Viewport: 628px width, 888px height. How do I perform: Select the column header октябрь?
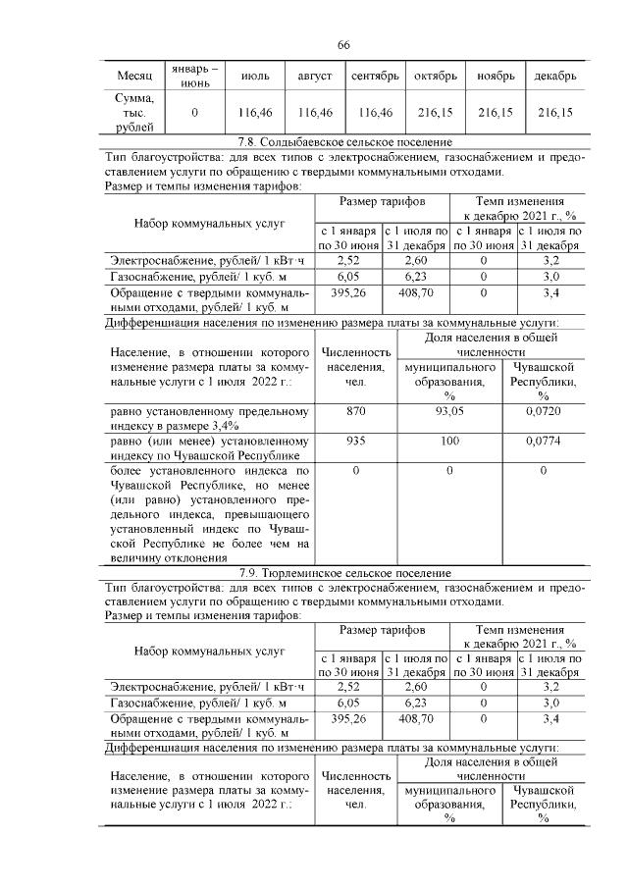pyautogui.click(x=436, y=76)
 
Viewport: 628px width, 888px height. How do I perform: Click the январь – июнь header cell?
pyautogui.click(x=194, y=76)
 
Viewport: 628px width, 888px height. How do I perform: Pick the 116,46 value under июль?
pyautogui.click(x=255, y=113)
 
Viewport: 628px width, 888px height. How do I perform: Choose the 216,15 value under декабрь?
pyautogui.click(x=555, y=113)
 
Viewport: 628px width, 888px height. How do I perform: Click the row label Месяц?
pyautogui.click(x=134, y=76)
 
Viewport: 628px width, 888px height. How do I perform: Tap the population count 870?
pyautogui.click(x=356, y=412)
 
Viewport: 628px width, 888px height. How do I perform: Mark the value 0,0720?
pyautogui.click(x=543, y=412)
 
